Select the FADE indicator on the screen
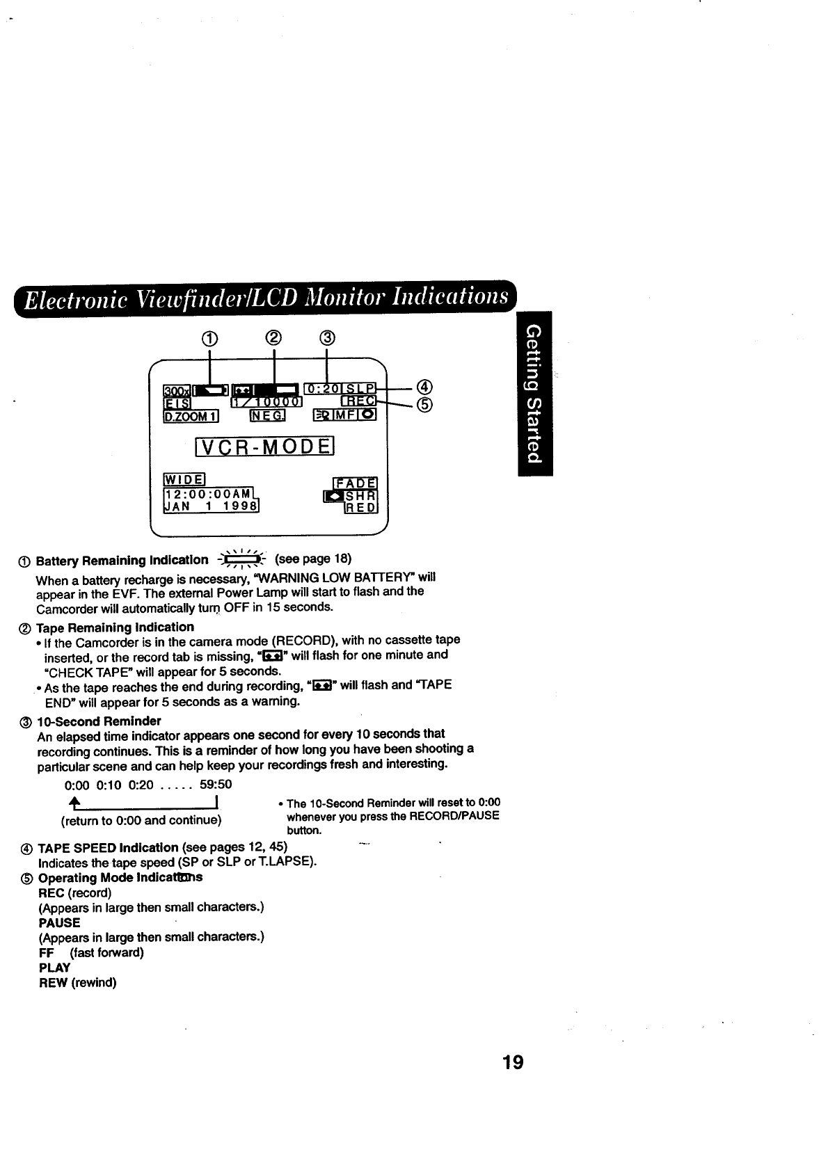(356, 483)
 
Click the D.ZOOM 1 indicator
(191, 417)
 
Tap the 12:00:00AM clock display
(207, 492)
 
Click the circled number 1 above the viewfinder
(210, 339)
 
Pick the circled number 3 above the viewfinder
(327, 339)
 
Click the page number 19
(512, 1062)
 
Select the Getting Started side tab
(534, 393)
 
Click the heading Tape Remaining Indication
(115, 627)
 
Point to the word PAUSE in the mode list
(60, 923)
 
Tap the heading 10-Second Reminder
(99, 721)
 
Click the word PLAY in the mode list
(55, 968)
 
